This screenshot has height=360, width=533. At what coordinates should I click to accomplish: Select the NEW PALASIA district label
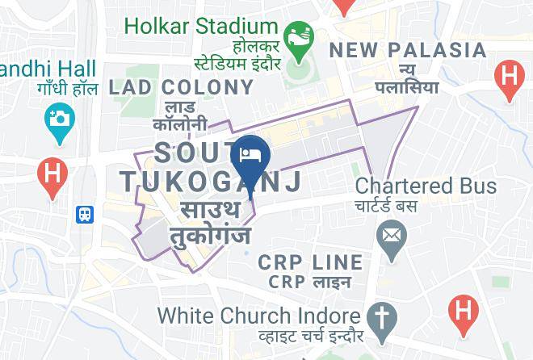[x=408, y=51]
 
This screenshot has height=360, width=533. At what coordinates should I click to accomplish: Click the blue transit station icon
[x=85, y=215]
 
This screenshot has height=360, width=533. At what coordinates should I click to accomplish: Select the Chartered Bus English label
[x=426, y=186]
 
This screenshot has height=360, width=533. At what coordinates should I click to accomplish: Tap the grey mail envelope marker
[x=392, y=237]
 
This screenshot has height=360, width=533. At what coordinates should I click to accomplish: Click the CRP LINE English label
[x=310, y=262]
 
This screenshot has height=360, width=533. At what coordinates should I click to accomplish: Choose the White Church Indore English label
[x=258, y=314]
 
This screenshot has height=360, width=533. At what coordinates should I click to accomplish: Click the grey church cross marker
[x=379, y=316]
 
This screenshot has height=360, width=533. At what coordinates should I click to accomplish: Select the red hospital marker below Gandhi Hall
[x=52, y=174]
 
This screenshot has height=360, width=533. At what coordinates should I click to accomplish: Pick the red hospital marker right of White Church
[x=464, y=311]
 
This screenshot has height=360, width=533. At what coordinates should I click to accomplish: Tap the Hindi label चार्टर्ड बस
[x=387, y=206]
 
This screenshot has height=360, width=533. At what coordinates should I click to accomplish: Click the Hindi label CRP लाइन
[x=310, y=283]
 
